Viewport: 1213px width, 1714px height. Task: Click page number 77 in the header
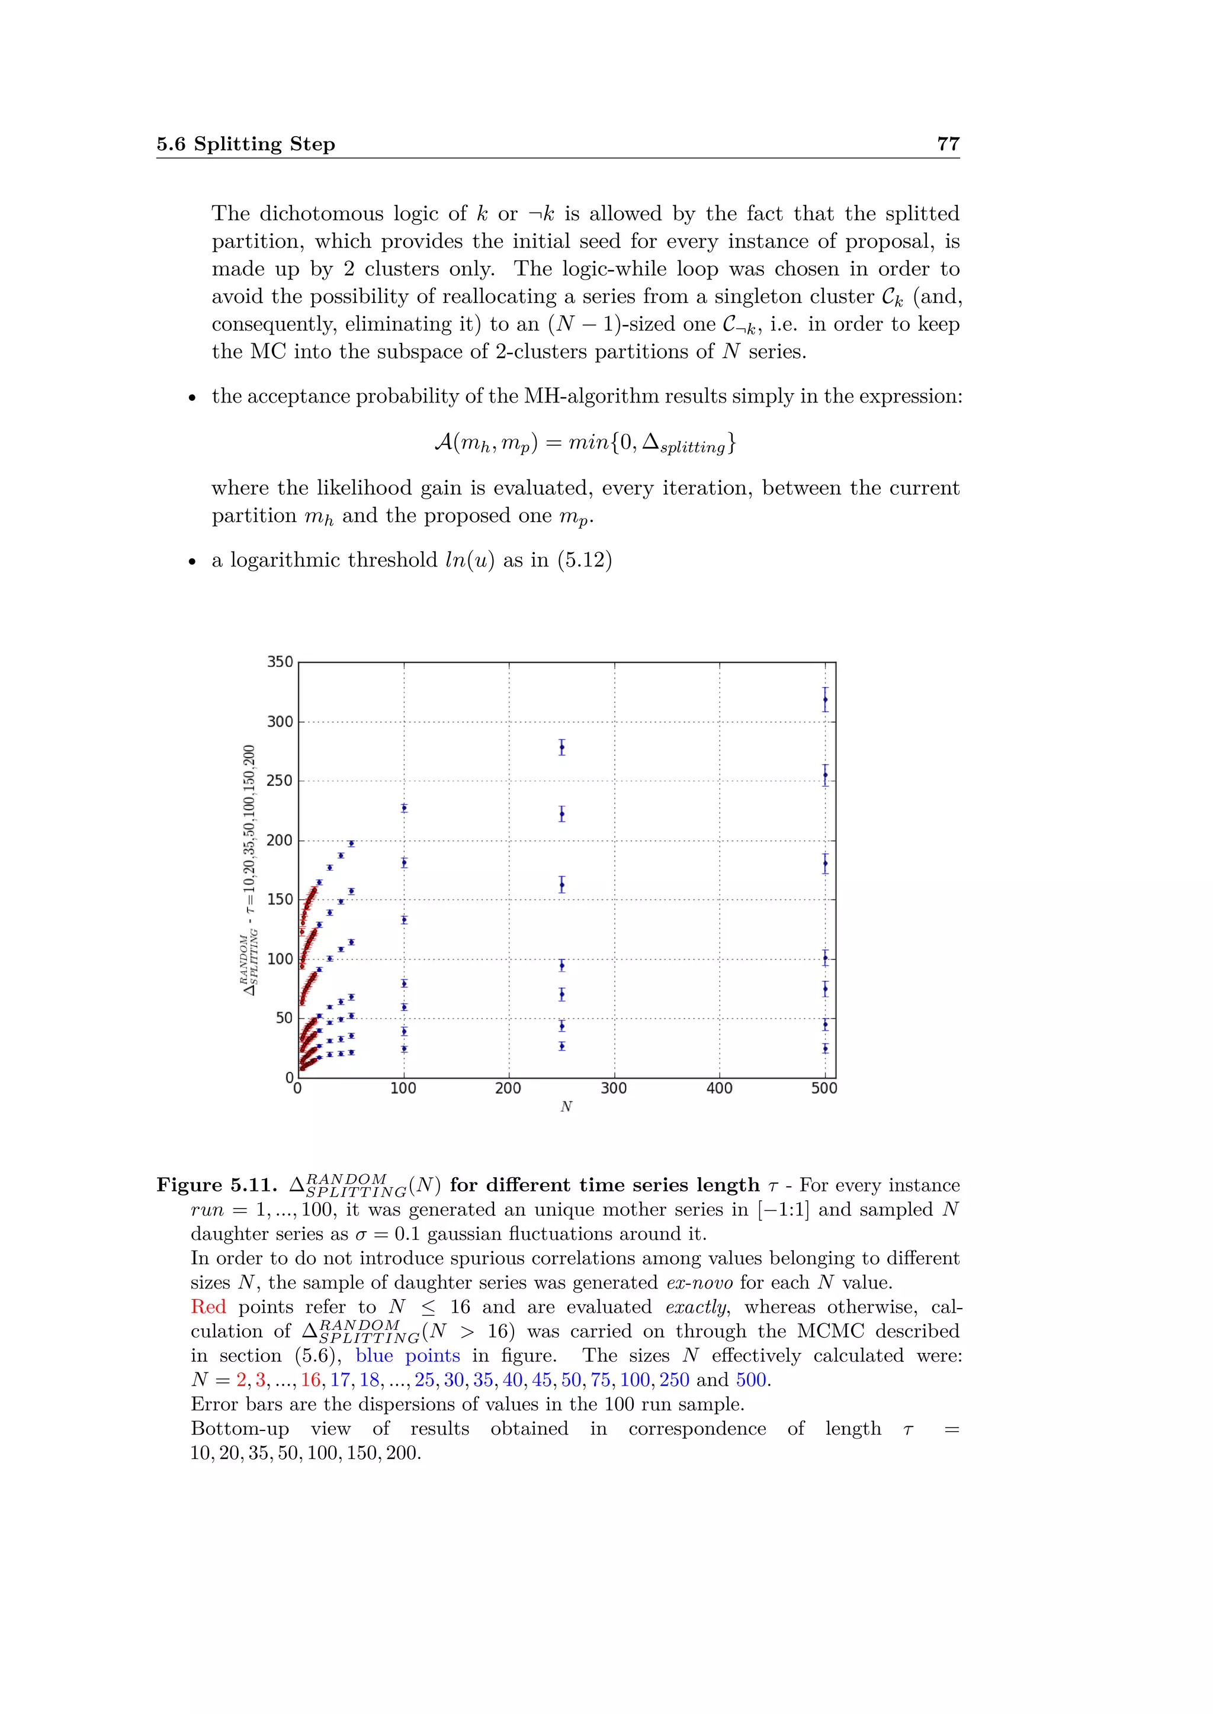tap(947, 143)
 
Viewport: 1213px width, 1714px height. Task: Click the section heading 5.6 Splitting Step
tap(246, 143)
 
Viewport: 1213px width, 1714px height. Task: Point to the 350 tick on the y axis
tap(280, 662)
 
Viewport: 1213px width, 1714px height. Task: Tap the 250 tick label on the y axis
tap(280, 780)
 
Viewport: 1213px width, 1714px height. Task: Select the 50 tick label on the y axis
tap(284, 1017)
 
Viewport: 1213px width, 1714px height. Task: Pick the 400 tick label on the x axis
tap(719, 1088)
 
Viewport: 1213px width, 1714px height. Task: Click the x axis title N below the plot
tap(566, 1106)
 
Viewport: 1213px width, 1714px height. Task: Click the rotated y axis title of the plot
tap(249, 869)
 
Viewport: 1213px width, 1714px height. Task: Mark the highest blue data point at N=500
tap(824, 700)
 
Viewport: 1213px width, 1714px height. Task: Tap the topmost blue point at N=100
tap(404, 808)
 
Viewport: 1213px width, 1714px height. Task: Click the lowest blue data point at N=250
tap(561, 1046)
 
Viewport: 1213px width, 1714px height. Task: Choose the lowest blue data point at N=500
tap(824, 1048)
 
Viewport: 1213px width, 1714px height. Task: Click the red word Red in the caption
tap(208, 1306)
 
